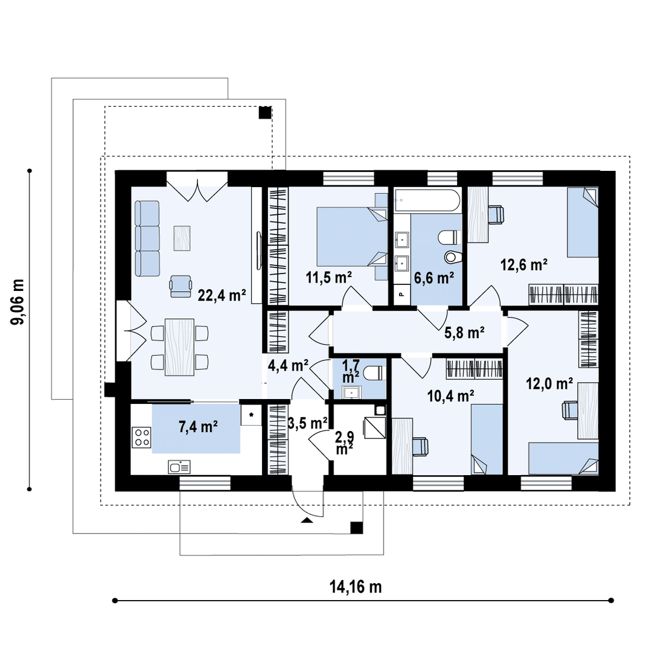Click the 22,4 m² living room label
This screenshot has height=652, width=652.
[x=222, y=295]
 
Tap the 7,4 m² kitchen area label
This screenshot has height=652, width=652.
[x=199, y=427]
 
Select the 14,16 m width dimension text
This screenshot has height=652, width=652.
[x=356, y=587]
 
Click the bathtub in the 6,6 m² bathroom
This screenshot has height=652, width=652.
[x=427, y=201]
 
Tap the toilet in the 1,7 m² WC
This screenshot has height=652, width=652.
[x=373, y=372]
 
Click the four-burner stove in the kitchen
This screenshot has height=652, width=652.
[x=142, y=437]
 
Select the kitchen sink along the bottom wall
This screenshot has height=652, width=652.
[x=179, y=467]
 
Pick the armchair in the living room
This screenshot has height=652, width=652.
[x=181, y=286]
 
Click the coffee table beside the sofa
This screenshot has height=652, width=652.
[x=182, y=238]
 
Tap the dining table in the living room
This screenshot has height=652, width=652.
[x=180, y=347]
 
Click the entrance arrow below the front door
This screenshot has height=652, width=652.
[x=307, y=520]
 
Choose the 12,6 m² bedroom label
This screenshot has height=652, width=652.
[x=524, y=264]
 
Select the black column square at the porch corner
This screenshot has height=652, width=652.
[x=356, y=528]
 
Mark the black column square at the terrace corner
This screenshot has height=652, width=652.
[x=265, y=113]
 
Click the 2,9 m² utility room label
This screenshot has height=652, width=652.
[x=344, y=443]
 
